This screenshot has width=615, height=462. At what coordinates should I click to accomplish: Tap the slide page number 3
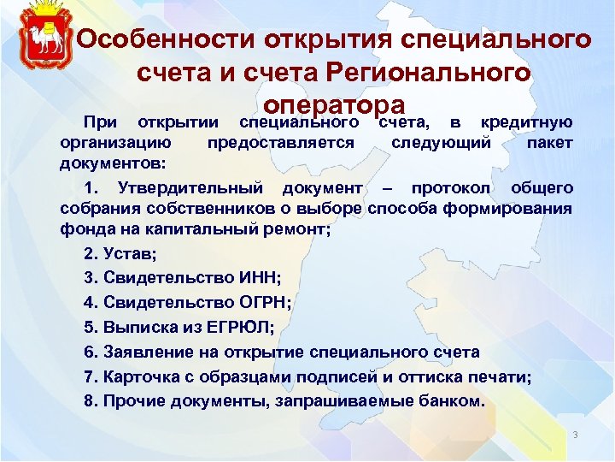point(576,435)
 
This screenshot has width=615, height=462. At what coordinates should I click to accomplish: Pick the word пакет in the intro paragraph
point(549,143)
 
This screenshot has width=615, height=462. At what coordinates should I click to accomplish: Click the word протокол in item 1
point(453,187)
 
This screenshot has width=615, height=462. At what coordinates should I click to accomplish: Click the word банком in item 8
point(450,400)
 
